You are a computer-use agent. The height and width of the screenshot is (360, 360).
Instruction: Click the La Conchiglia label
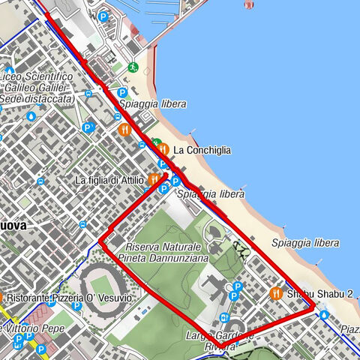tap(202, 150)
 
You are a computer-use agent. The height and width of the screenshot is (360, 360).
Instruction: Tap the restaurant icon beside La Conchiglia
tap(163, 149)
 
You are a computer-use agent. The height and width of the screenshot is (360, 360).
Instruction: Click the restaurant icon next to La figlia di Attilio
tap(154, 179)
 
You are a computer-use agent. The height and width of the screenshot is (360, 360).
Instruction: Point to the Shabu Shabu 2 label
tap(319, 293)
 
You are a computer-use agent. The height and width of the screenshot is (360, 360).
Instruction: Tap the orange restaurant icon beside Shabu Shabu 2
tap(277, 293)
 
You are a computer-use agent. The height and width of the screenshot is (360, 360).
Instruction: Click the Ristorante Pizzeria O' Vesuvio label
tap(71, 298)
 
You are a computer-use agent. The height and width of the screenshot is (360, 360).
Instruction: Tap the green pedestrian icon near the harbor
tap(133, 67)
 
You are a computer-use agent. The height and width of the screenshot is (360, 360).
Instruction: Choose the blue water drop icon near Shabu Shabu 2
tap(323, 315)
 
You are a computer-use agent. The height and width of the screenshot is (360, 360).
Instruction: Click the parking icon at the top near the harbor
tap(103, 16)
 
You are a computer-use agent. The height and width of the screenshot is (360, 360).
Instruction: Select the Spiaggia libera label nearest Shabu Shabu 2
tap(305, 242)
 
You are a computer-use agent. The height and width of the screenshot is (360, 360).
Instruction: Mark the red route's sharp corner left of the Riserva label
tap(100, 241)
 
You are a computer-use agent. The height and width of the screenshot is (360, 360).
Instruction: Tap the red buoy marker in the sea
tap(248, 4)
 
